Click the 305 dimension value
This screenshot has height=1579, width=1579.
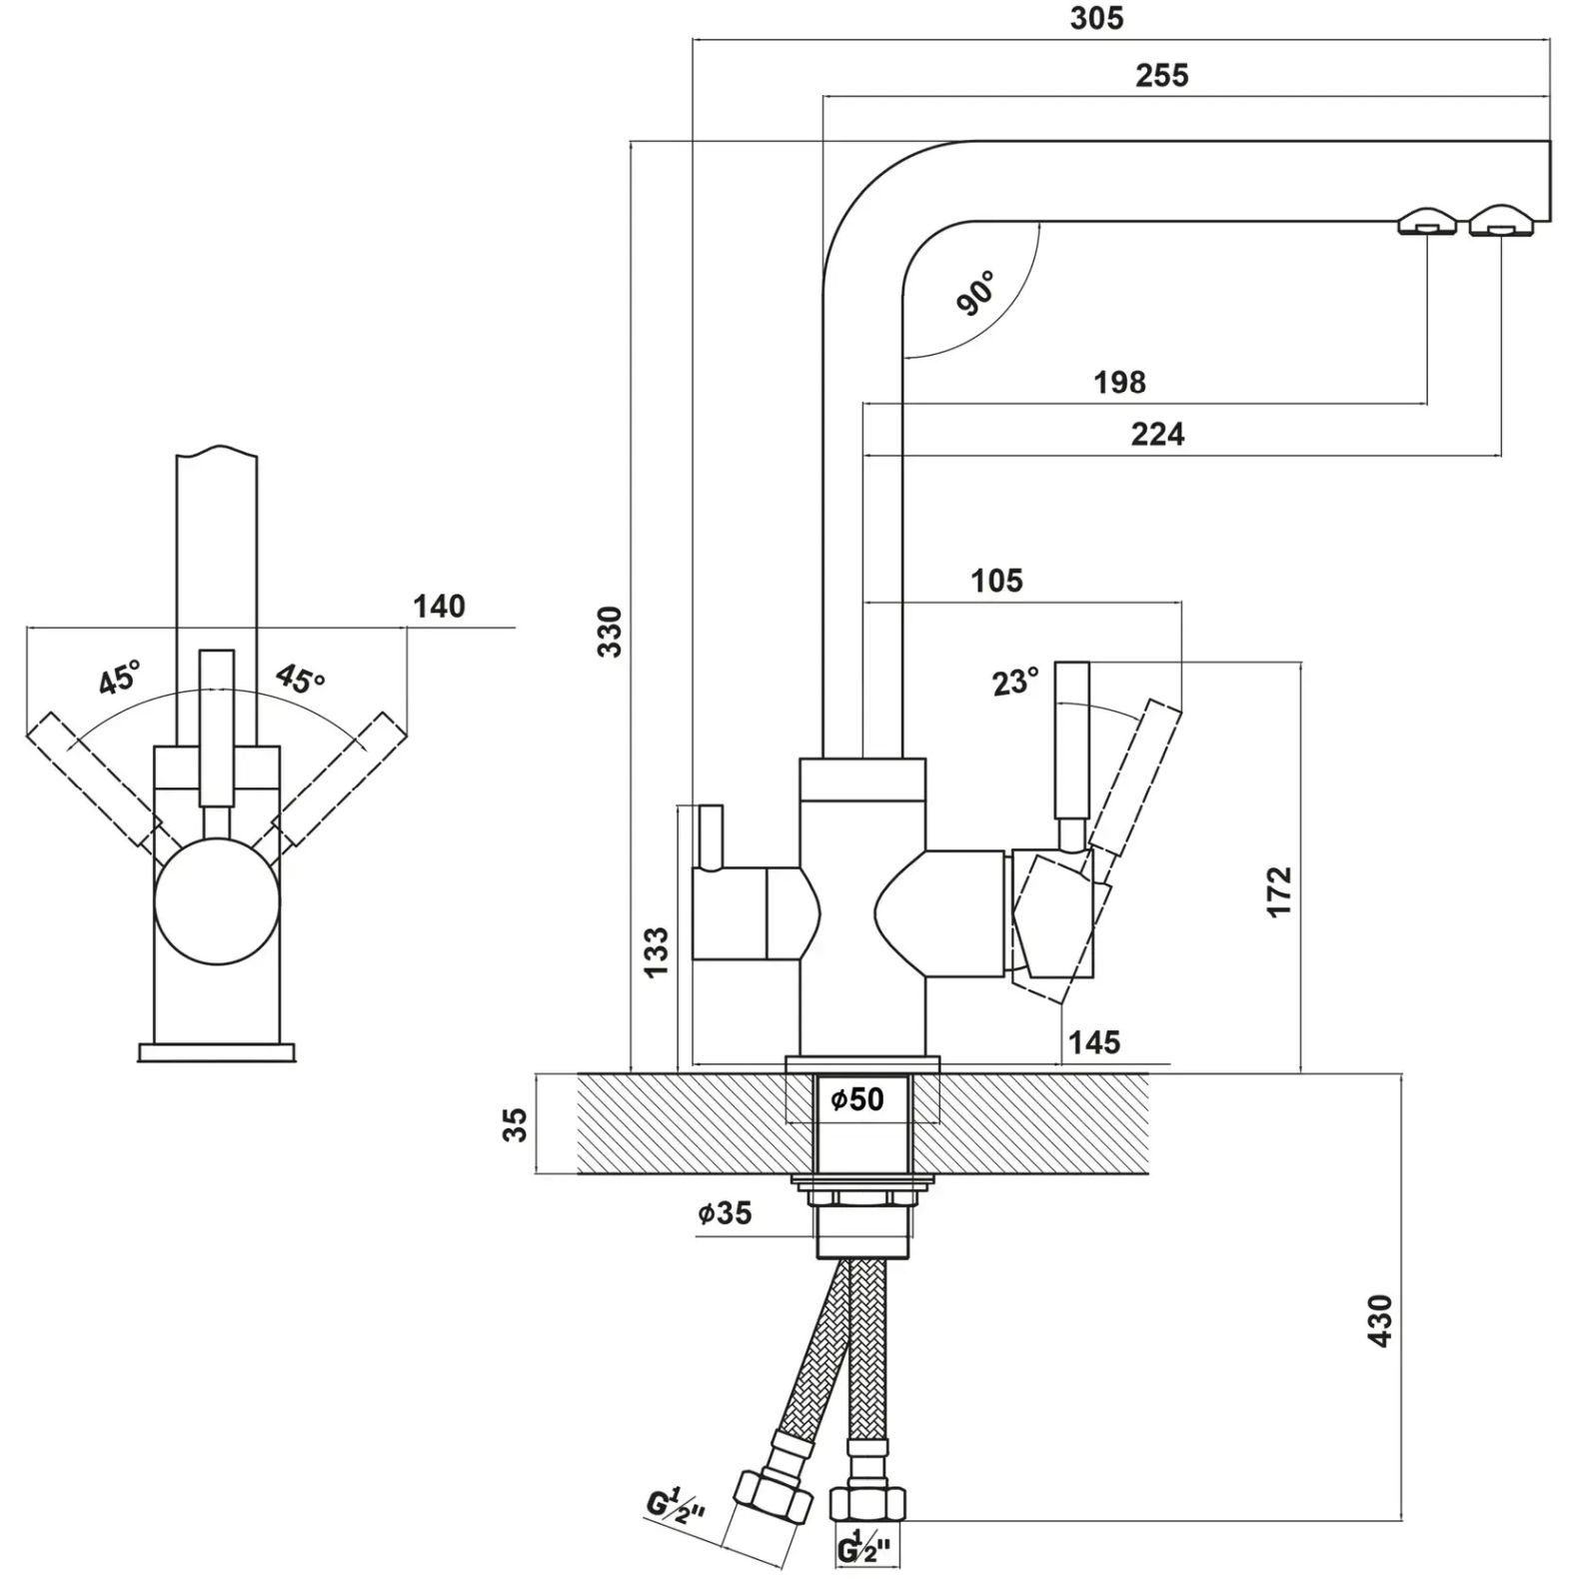(1096, 19)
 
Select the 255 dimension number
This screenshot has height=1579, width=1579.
(1161, 76)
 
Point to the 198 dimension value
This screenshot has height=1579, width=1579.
(1119, 382)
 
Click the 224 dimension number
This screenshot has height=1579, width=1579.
(1157, 435)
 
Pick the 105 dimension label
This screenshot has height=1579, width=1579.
(996, 581)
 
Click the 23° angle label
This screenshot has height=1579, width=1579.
(1015, 682)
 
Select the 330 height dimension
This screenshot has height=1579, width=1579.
(610, 631)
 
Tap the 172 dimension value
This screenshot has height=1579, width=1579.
(1279, 891)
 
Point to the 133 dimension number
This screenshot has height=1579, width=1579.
(656, 952)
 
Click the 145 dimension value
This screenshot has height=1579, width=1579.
(1094, 1043)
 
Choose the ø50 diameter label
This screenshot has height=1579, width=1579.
(857, 1099)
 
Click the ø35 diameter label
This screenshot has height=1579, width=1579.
(725, 1213)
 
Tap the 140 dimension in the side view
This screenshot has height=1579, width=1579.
(440, 607)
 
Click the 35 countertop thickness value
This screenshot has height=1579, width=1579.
(515, 1124)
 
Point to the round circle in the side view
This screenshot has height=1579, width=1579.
(218, 901)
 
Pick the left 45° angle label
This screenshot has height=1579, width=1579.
(119, 679)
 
